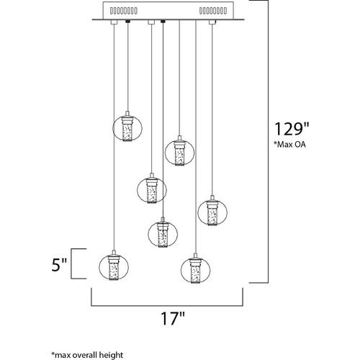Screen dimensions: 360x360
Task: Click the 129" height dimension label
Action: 292,129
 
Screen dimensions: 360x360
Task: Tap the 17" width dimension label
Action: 173,318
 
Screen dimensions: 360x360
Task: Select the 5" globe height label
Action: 58,265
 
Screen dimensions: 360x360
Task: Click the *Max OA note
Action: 290,145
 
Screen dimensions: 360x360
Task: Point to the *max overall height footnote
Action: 87,355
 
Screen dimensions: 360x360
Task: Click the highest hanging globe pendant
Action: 127,127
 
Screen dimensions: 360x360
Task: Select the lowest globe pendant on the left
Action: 114,266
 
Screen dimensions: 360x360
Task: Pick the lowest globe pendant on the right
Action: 196,269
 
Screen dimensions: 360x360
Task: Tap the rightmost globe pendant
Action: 212,211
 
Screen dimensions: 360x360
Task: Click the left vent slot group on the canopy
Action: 124,11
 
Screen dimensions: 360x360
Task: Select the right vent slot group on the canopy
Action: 213,11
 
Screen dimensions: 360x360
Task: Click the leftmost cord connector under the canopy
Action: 114,22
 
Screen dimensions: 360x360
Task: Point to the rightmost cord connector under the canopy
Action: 212,22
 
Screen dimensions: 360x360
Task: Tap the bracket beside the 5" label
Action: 71,264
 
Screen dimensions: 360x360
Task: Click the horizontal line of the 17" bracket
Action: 167,306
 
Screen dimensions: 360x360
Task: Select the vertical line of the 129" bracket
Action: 268,141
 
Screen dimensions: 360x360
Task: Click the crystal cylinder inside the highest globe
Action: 127,132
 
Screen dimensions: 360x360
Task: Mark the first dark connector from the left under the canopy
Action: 127,22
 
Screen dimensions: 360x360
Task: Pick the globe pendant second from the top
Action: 179,151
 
